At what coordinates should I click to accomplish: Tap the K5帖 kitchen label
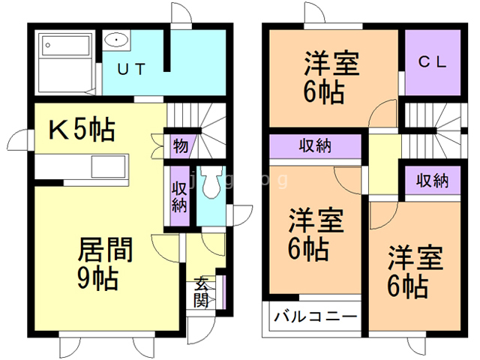click(x=82, y=130)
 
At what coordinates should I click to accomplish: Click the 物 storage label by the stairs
click(x=180, y=145)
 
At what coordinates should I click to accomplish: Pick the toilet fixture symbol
click(x=214, y=184)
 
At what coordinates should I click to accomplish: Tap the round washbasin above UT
click(x=117, y=40)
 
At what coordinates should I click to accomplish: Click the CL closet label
click(x=432, y=63)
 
